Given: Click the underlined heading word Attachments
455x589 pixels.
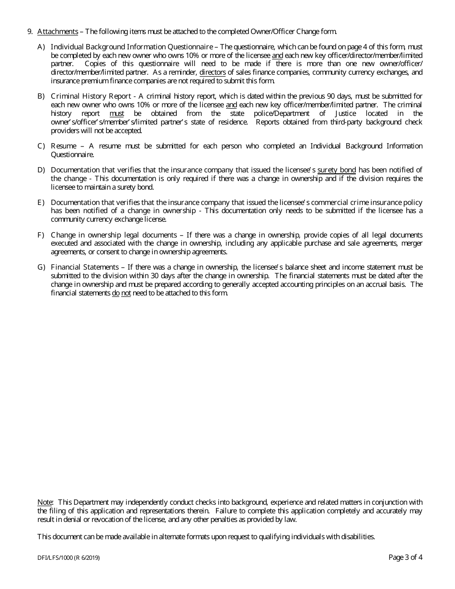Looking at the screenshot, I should coord(57,32).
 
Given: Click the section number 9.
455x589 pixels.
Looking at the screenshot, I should coord(30,32).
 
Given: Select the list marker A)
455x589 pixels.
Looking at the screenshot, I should coord(41,47).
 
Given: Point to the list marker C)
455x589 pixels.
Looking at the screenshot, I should coord(41,146).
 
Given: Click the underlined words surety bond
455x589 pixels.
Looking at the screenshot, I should coord(336,170).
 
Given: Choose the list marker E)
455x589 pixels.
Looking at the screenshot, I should coord(41,203).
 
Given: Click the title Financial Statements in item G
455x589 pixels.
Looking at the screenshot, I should coord(84,267).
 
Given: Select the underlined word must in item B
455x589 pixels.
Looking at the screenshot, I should coord(117,113).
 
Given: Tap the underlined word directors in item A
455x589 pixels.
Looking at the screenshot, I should coord(212,73).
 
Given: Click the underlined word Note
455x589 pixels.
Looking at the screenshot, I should coord(45,502).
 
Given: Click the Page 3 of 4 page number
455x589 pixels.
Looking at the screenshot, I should coord(405,557).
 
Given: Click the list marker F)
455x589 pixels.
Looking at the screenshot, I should coord(41,235).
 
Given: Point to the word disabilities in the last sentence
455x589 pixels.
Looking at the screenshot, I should coord(357,537).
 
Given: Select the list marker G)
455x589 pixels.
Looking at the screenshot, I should coord(41,267).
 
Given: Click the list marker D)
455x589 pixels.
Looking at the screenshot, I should coord(41,170).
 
